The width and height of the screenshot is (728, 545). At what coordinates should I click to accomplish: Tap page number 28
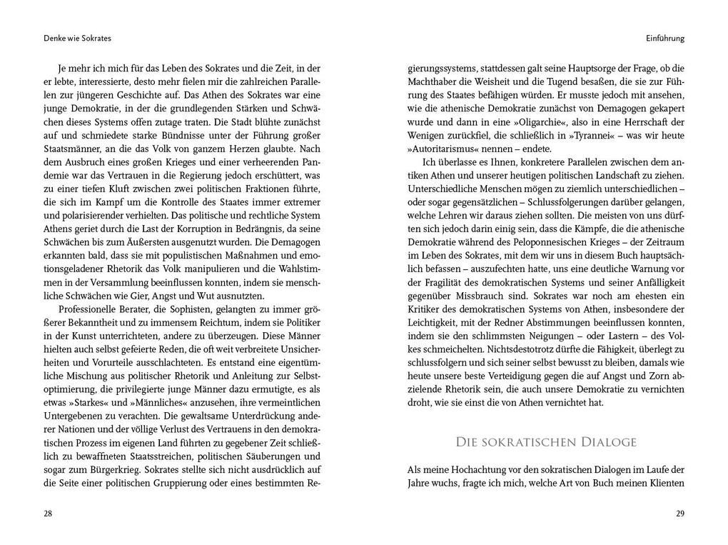coord(49,513)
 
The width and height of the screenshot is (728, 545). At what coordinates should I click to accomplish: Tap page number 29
coord(679,513)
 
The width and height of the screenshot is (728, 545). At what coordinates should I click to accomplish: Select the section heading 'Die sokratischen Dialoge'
coord(546,442)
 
